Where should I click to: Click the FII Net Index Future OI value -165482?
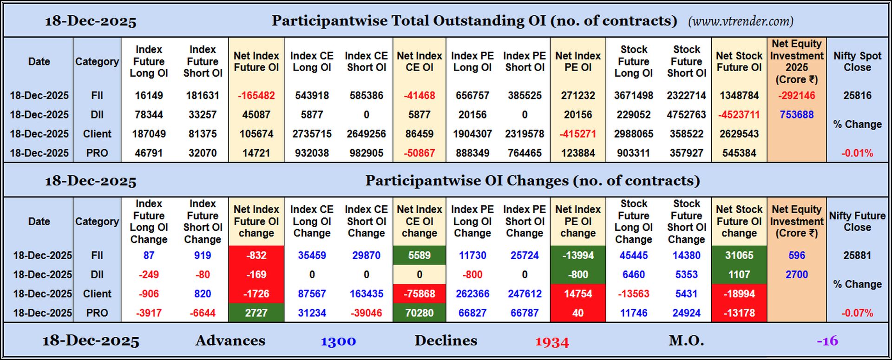tap(256, 96)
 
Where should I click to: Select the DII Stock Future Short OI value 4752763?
tap(686, 115)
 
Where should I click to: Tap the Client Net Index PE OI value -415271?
tap(577, 134)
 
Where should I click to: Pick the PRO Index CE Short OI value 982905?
tap(366, 153)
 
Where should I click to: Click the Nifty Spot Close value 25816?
tap(857, 96)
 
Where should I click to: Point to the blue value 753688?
tap(796, 115)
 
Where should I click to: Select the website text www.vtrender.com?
tap(741, 21)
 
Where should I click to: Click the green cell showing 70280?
tap(419, 313)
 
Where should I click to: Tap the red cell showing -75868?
tap(419, 294)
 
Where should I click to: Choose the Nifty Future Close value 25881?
tap(857, 255)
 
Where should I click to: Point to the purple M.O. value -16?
tap(827, 341)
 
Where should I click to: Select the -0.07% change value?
tap(857, 313)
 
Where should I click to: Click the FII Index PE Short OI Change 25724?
tap(525, 255)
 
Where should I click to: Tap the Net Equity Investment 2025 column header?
tap(796, 61)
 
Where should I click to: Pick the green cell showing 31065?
tap(739, 255)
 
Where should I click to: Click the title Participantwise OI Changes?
tap(532, 181)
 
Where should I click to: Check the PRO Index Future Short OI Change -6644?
tap(203, 313)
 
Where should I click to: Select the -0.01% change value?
tap(857, 153)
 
